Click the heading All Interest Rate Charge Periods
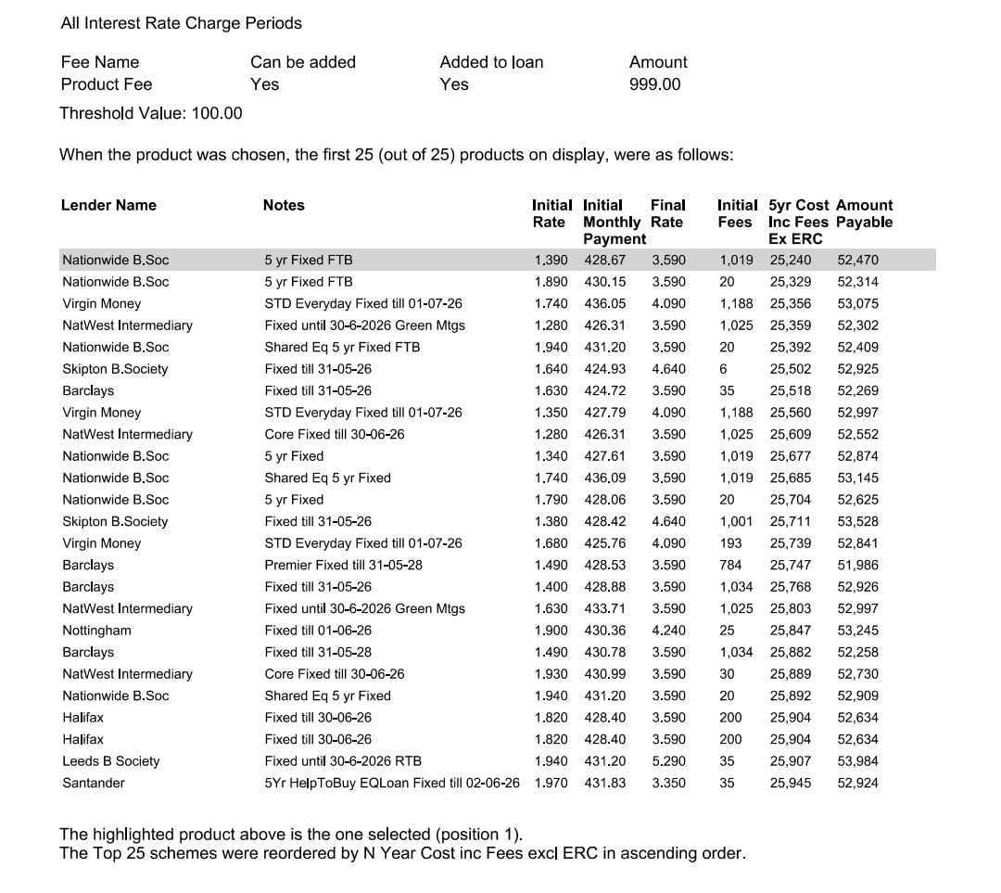181,23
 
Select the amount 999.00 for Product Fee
654,84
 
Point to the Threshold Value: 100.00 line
151,113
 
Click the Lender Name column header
108,205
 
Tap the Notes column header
284,205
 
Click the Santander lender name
94,783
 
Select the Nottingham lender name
96,631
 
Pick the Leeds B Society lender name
110,761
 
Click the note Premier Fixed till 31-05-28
343,565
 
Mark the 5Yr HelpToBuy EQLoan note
391,783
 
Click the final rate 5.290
668,761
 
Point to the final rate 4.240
668,631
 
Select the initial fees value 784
731,565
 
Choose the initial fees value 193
731,543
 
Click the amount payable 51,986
857,565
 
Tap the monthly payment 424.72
604,390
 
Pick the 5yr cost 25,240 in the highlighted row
790,260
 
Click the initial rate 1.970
551,783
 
